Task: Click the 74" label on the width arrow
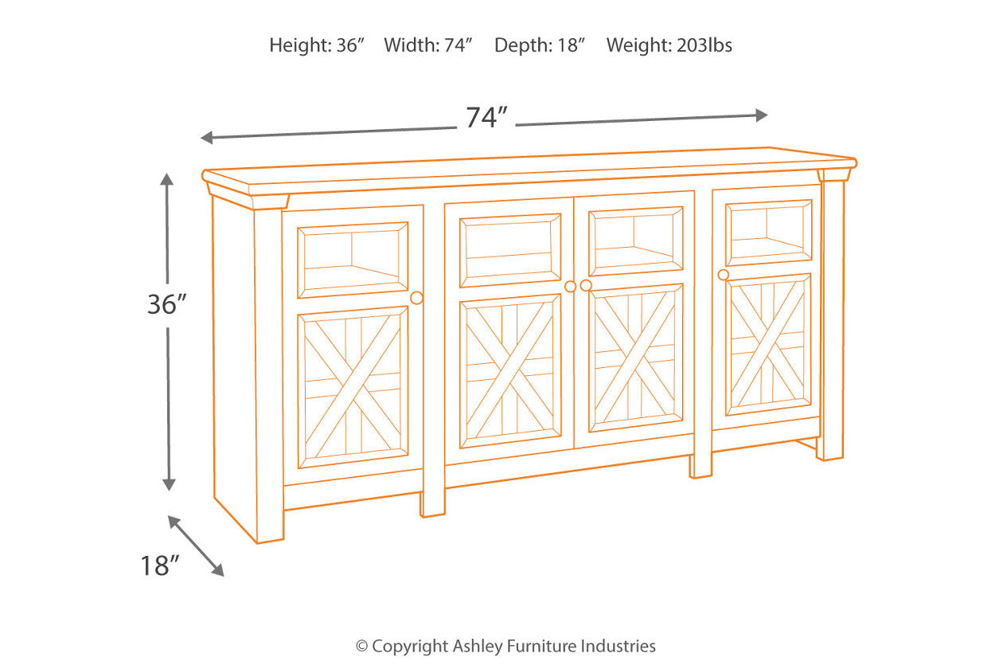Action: pos(487,118)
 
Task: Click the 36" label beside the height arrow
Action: pos(166,303)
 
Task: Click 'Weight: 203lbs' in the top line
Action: pos(669,45)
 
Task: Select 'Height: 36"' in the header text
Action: pos(316,45)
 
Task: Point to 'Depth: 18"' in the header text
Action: pos(540,45)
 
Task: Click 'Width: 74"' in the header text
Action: pos(428,45)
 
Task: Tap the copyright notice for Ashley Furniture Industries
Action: pos(505,646)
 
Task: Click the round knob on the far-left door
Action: pos(416,298)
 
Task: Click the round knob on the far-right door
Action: pos(723,275)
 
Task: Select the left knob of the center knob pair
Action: pos(570,287)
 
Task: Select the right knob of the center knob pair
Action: pos(586,285)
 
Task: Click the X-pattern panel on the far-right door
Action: pos(767,344)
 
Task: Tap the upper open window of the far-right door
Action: pos(768,232)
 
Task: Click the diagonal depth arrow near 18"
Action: pos(196,546)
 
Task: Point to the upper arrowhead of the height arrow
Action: pos(166,178)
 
